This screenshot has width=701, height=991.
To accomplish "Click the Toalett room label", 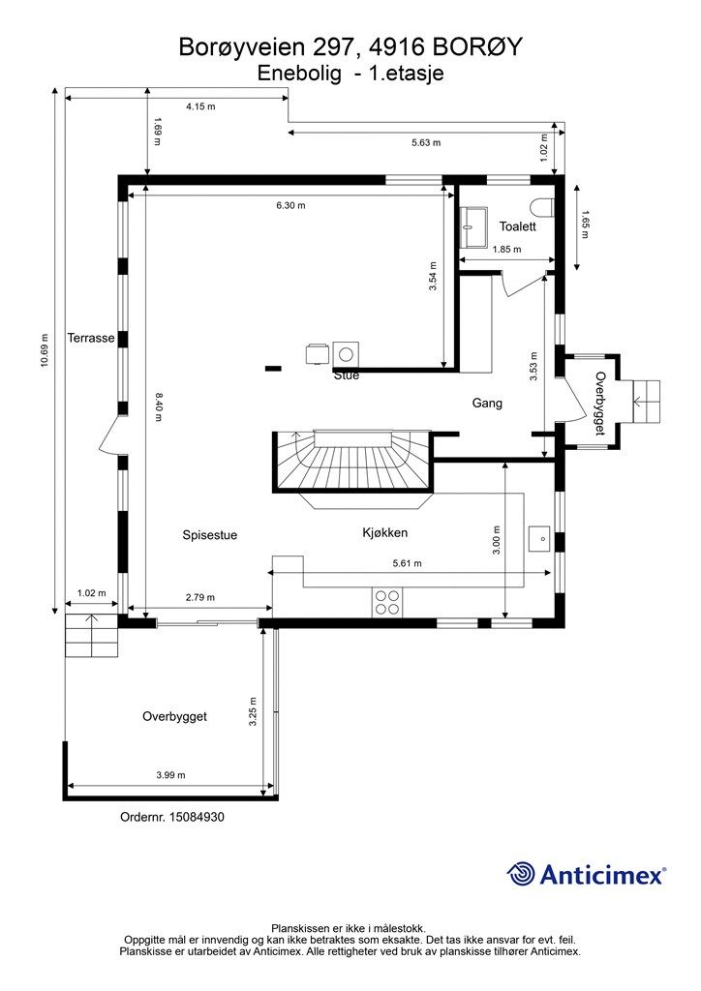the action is pos(517,226).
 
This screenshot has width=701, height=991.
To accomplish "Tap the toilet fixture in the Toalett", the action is pos(543,207).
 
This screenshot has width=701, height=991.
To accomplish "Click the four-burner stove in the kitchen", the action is pos(387,602).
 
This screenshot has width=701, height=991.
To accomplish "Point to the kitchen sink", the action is pos(540,538).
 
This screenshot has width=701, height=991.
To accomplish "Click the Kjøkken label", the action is pos(385,533).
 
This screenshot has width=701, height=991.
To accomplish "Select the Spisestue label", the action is pos(210,535).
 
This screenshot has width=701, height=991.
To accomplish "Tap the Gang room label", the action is pos(487,403).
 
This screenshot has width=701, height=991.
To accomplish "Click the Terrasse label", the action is pos(91,338).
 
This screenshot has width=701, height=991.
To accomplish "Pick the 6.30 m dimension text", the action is pos(290,205).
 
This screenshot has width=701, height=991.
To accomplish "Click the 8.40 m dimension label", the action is pos(158,407).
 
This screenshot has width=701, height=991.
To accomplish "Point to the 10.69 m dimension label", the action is pos(45,350).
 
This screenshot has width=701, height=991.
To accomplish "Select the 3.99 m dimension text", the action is pos(170,775).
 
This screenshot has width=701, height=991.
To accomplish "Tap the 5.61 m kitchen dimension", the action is pos(407,563).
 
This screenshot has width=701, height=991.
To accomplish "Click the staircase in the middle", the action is pos(352,462).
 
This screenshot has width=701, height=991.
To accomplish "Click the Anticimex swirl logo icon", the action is pos(521,874).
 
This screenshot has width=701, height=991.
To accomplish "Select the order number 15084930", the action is pos(172,817).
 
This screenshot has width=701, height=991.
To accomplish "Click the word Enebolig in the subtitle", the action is pos(299,74).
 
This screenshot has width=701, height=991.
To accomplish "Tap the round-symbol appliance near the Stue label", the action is pos(345,354).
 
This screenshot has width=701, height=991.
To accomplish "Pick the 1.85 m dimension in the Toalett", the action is pos(507,249).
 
